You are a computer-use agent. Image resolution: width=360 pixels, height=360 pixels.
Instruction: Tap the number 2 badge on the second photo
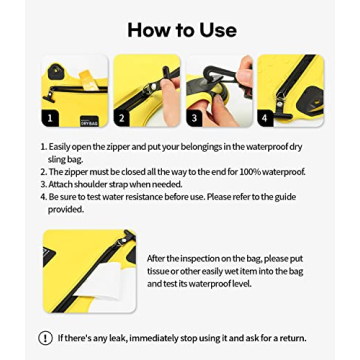click(x=122, y=117)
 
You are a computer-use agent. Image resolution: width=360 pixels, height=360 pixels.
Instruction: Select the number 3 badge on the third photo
click(x=194, y=117)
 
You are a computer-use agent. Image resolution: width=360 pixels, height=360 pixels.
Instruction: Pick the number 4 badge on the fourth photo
click(x=265, y=117)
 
